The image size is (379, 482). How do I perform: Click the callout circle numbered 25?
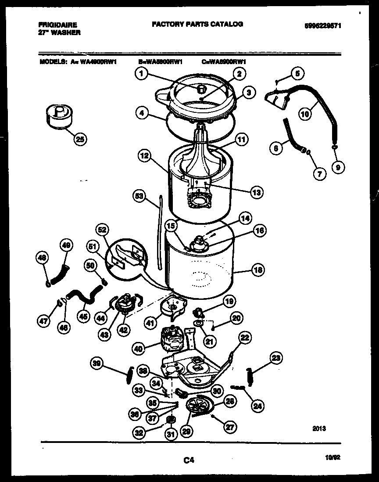[x=80, y=139]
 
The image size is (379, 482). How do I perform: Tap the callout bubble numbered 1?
[x=141, y=74]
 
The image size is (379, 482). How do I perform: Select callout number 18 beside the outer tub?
[x=258, y=270]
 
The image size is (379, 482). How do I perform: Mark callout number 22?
[x=245, y=337]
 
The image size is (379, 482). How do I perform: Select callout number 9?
[x=338, y=166]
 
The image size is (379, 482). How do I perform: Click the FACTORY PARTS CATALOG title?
[x=197, y=24]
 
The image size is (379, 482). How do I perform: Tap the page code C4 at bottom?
[x=189, y=460]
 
